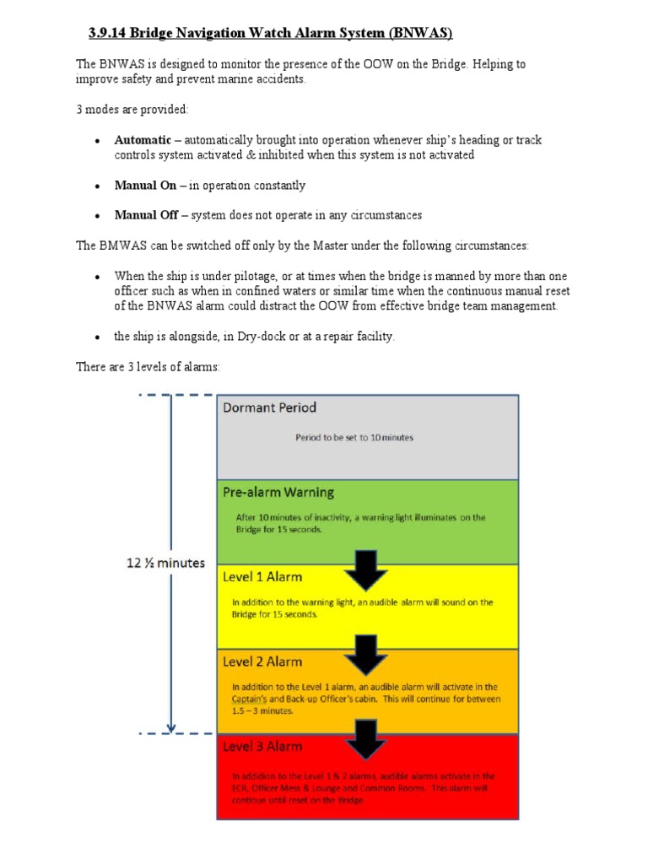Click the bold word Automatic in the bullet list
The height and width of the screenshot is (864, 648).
pos(143,140)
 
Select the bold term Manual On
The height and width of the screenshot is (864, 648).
pos(145,185)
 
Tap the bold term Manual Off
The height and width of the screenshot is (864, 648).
pos(146,215)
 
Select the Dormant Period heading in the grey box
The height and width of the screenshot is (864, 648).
pos(269,408)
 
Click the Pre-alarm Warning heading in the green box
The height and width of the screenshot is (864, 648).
pos(278,492)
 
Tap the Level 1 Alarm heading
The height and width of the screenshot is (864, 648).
pos(262,577)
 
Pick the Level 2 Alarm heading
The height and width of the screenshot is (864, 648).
pos(262,661)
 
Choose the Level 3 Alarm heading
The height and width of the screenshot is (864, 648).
pos(262,747)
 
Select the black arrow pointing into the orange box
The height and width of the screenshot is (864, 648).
pos(365,655)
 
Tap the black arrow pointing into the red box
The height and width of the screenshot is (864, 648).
pos(365,739)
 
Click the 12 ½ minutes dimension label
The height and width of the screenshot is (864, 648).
pos(166,563)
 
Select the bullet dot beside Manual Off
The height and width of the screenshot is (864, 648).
pos(98,216)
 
